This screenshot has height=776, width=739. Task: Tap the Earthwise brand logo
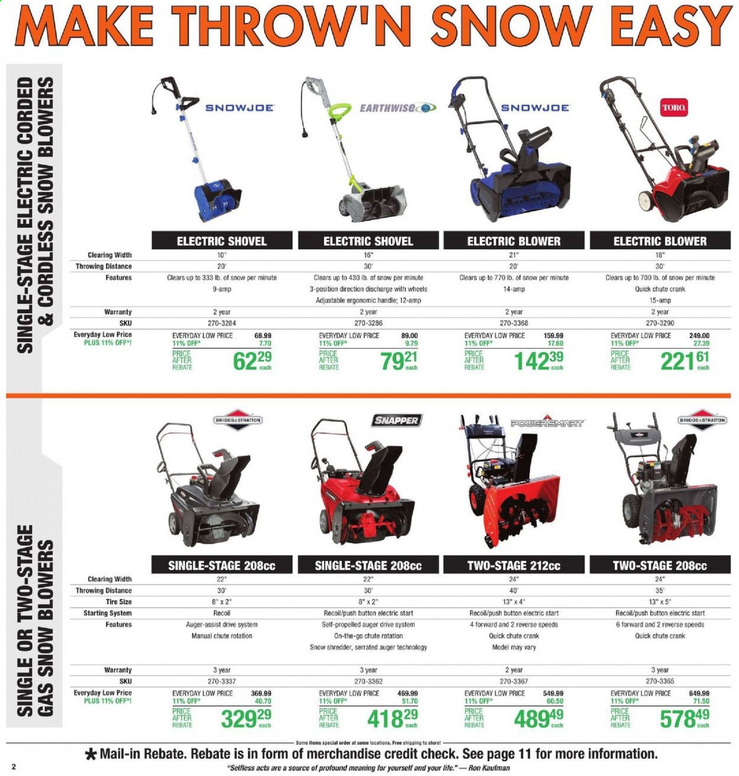[x=398, y=108]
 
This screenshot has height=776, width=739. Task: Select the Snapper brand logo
[x=396, y=420]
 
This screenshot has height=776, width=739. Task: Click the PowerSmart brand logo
[x=547, y=423]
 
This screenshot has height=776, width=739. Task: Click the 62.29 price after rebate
[x=252, y=361]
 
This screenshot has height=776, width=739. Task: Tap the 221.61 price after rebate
[x=685, y=361]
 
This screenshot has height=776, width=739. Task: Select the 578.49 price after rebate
[x=685, y=719]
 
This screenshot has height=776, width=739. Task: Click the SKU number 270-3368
[x=514, y=323]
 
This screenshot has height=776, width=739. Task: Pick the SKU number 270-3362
[x=368, y=681]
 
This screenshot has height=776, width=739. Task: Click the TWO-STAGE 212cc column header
[x=514, y=566]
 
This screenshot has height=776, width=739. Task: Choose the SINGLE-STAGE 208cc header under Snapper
[x=368, y=566]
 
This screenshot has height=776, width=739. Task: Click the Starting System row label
[x=108, y=613]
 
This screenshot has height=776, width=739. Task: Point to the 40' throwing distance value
[x=514, y=590]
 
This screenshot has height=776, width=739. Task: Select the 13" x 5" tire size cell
[x=660, y=602]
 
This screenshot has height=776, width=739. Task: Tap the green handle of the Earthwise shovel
[x=341, y=111]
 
